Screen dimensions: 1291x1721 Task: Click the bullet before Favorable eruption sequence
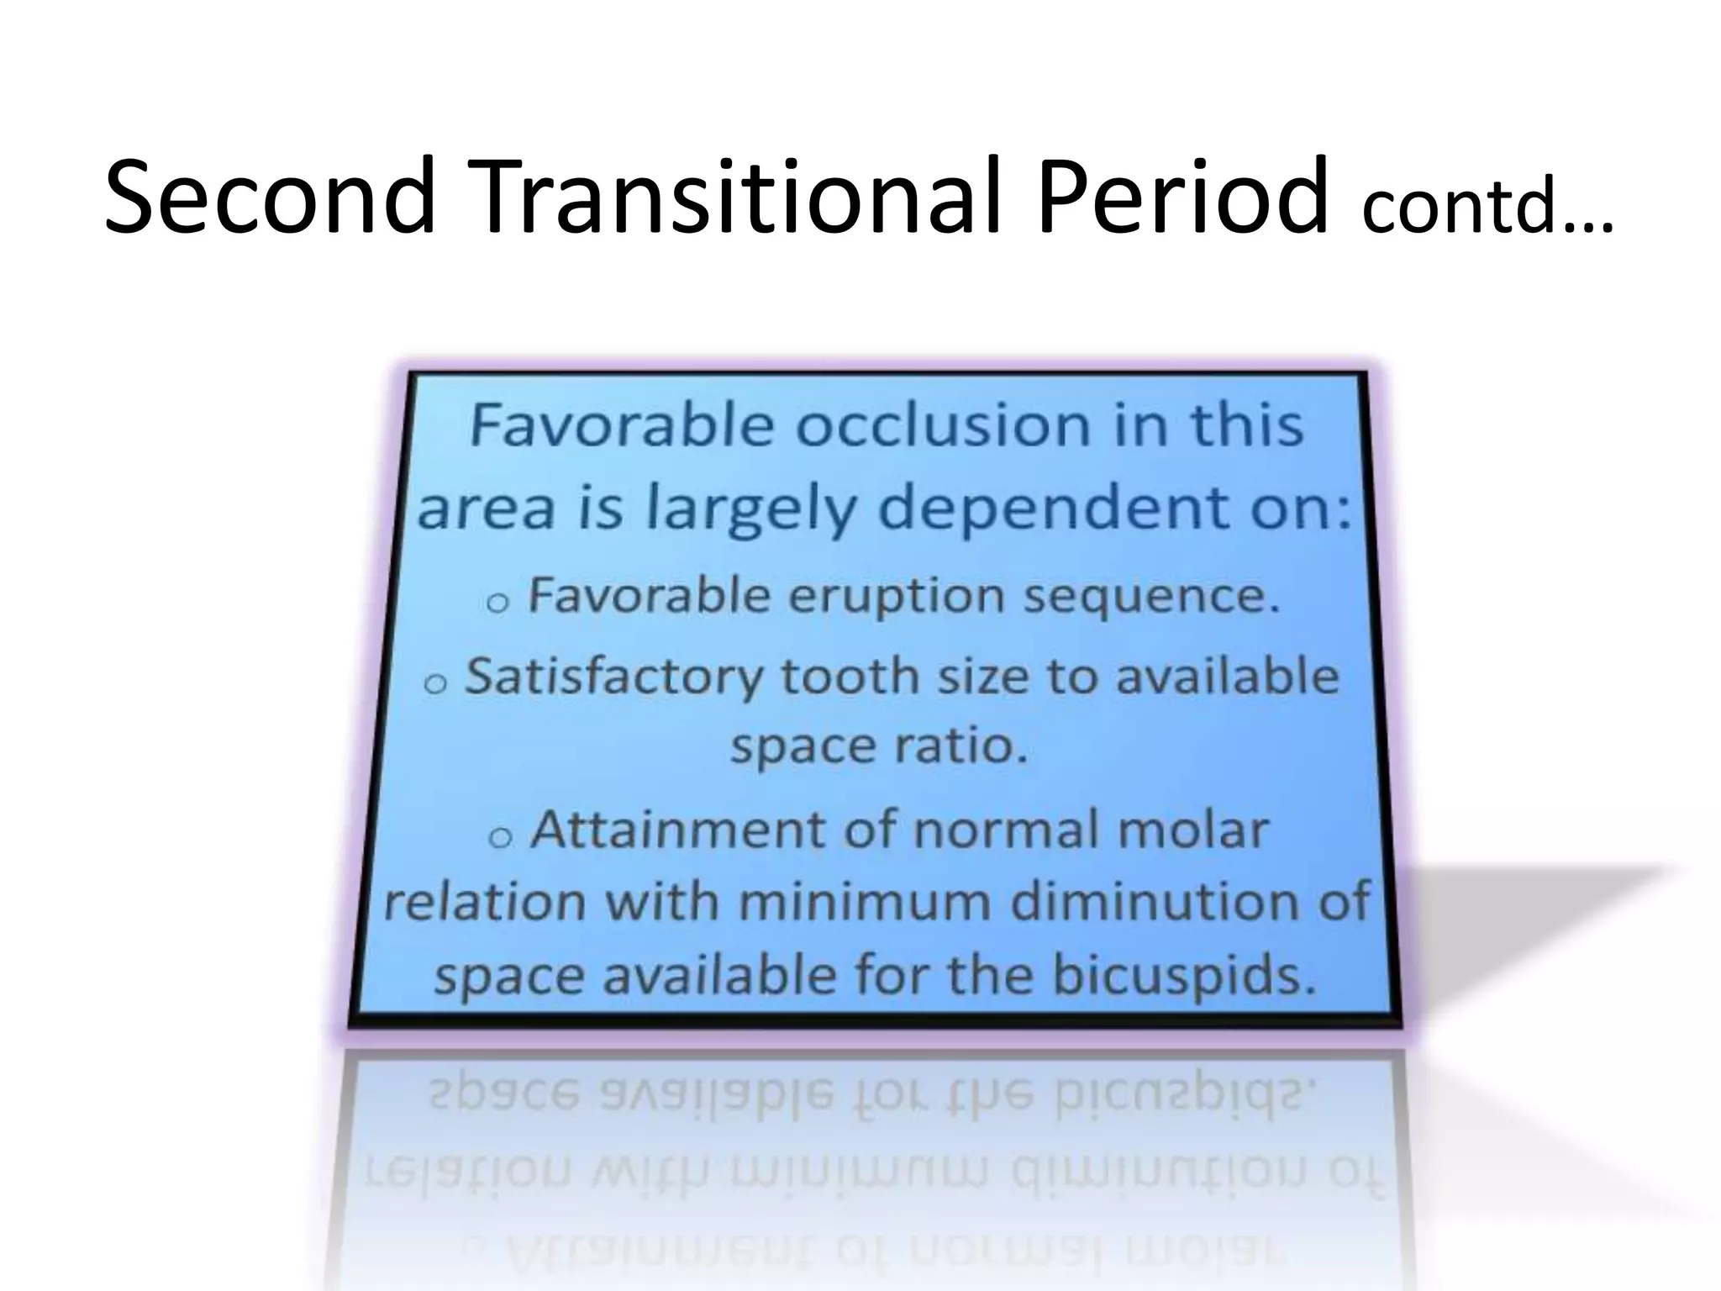point(497,602)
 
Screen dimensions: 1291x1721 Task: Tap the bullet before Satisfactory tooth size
point(434,682)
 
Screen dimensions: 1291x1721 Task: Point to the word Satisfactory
point(613,677)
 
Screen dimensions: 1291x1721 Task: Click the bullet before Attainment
point(500,835)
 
